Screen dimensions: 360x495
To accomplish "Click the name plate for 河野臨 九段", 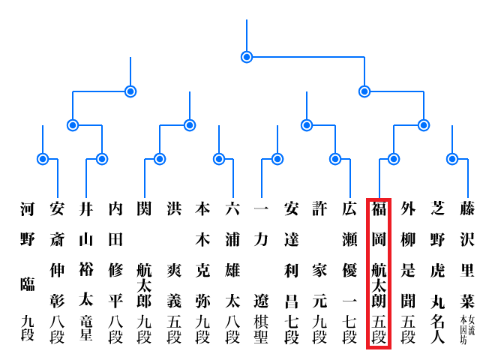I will pyautogui.click(x=28, y=273).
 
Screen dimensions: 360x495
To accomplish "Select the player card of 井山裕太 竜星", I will pyautogui.click(x=86, y=273).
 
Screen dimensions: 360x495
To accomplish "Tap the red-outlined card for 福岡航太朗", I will pyautogui.click(x=379, y=273).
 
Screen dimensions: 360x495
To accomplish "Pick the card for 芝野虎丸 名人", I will pyautogui.click(x=438, y=273).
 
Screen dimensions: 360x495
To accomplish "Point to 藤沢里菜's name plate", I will pyautogui.click(x=467, y=273).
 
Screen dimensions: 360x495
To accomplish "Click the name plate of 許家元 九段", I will pyautogui.click(x=320, y=273).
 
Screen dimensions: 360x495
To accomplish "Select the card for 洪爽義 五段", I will pyautogui.click(x=174, y=273).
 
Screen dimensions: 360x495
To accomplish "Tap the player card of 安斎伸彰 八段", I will pyautogui.click(x=57, y=273).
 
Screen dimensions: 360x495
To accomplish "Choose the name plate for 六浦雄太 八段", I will pyautogui.click(x=232, y=273).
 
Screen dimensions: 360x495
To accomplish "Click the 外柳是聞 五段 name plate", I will pyautogui.click(x=408, y=273).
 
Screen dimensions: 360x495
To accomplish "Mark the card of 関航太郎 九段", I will pyautogui.click(x=145, y=273).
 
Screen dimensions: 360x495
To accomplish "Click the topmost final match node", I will pyautogui.click(x=247, y=57).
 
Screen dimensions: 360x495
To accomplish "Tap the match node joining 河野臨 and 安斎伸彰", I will pyautogui.click(x=43, y=159).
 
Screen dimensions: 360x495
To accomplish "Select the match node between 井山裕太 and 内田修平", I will pyautogui.click(x=102, y=159).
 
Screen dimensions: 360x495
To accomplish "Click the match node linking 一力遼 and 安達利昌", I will pyautogui.click(x=277, y=159).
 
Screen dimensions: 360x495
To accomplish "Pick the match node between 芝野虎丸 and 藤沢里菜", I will pyautogui.click(x=452, y=159).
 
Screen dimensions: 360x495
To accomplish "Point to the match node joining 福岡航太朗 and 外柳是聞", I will pyautogui.click(x=394, y=159).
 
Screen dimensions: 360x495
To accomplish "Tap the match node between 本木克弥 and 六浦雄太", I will pyautogui.click(x=219, y=159).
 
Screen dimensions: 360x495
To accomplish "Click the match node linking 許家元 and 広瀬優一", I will pyautogui.click(x=335, y=159).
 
